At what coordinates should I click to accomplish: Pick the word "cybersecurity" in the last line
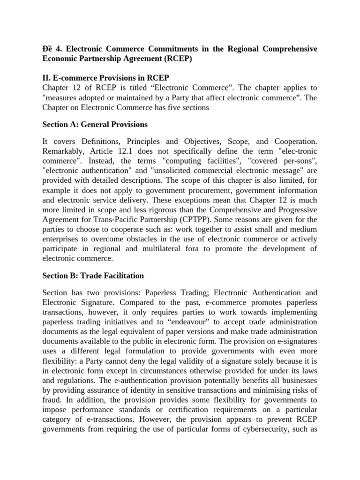(x=268, y=428)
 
